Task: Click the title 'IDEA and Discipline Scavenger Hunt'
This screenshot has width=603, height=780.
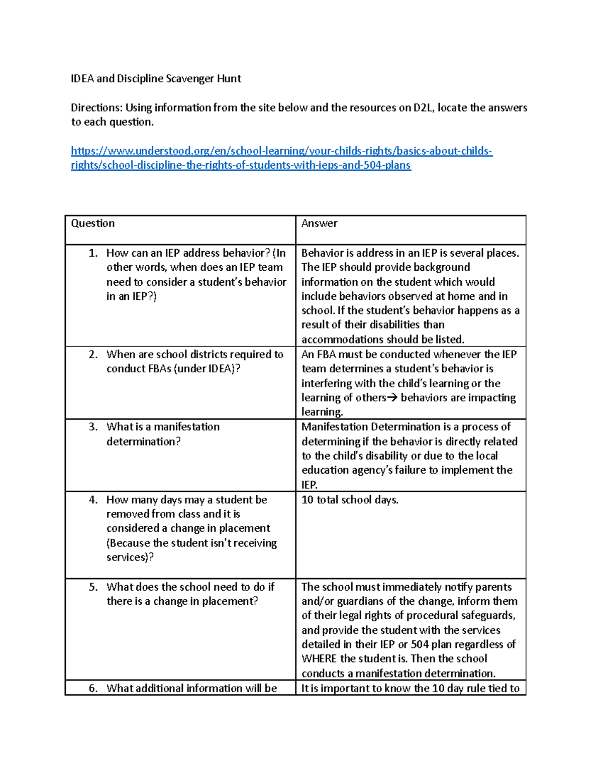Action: (x=156, y=79)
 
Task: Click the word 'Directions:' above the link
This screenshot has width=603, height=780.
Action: (x=96, y=108)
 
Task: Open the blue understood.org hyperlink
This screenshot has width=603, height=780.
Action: (x=281, y=151)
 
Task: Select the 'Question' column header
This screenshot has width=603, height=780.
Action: (x=93, y=224)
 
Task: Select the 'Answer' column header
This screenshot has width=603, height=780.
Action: (x=319, y=224)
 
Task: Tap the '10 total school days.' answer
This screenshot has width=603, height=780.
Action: (x=350, y=500)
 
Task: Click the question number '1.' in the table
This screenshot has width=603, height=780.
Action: (x=93, y=253)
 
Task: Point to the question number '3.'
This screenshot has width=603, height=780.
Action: (x=93, y=427)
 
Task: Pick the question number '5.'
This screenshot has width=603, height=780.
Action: (x=93, y=587)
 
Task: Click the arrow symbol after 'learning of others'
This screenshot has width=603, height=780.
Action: (x=392, y=398)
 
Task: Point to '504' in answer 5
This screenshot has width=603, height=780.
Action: (x=420, y=644)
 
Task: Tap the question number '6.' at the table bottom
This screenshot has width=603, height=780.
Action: (x=93, y=689)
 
